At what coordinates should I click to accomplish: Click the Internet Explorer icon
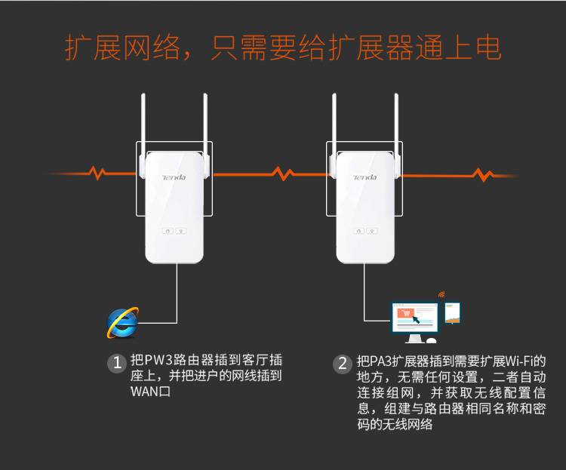coord(123,322)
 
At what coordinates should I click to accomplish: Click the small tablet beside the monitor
coord(453,312)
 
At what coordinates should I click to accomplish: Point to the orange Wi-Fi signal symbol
coord(441,294)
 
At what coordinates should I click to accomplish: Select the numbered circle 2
coord(342,364)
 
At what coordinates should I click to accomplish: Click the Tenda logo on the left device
coord(174,177)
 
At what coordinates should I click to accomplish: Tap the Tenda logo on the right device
coord(365,177)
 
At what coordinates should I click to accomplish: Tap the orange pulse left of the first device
coord(97,173)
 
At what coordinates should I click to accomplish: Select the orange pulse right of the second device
coord(483,175)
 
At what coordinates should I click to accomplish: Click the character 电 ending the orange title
coord(488,48)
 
